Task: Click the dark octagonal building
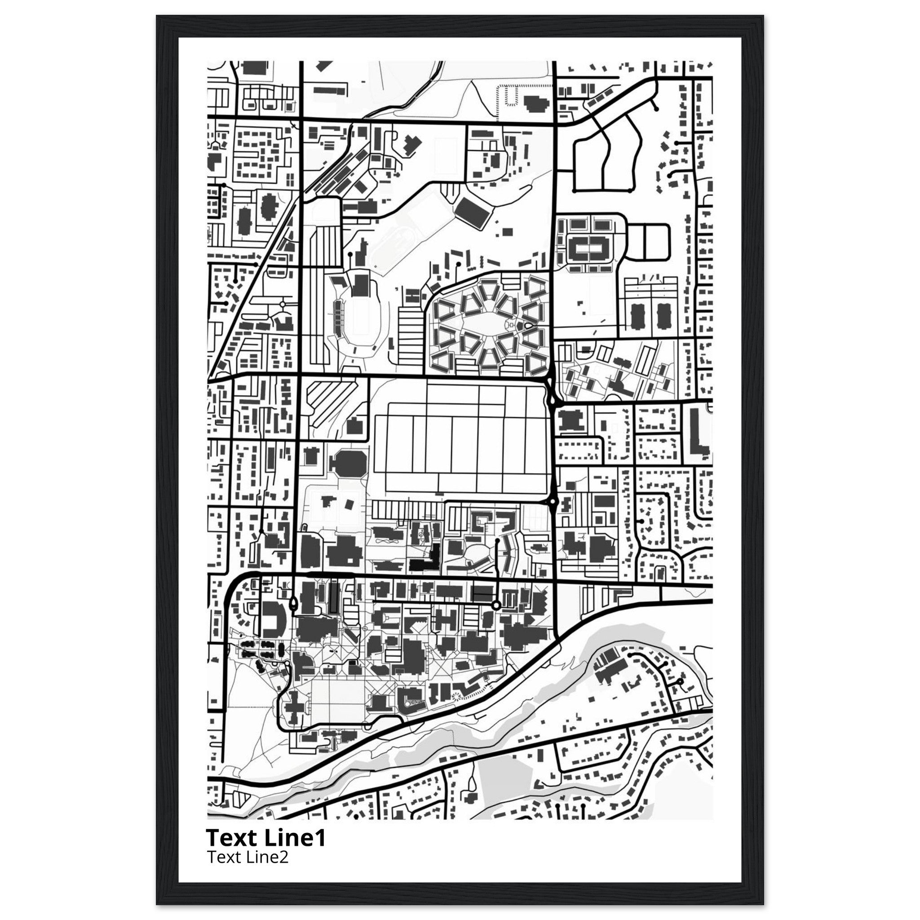click(350, 462)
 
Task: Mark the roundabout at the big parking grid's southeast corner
click(553, 501)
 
